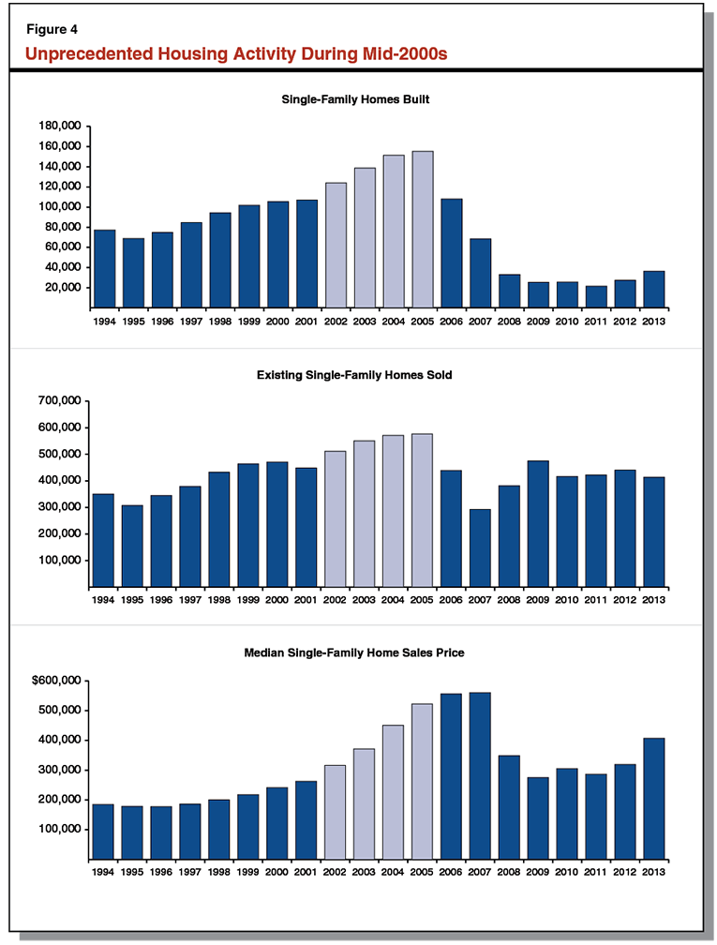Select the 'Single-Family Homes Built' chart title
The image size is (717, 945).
tap(356, 98)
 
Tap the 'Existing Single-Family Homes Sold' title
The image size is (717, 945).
tap(356, 375)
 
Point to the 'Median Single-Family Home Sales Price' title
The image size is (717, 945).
tap(356, 652)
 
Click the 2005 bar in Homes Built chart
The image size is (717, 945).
tap(422, 230)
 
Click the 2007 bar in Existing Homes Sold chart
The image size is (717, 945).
tap(480, 548)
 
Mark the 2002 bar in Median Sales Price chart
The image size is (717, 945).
tap(335, 812)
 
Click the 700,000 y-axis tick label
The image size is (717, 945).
tap(58, 401)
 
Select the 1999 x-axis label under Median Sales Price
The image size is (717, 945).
tap(248, 872)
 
